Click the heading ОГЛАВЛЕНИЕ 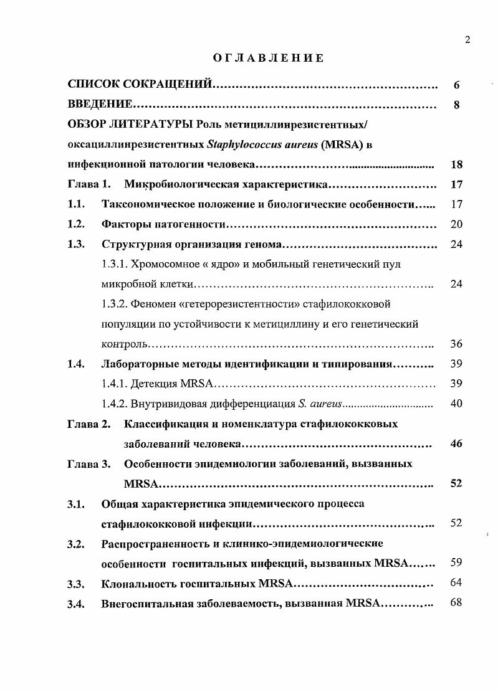coord(268,59)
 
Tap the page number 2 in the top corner coord(467,40)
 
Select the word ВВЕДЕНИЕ coord(100,105)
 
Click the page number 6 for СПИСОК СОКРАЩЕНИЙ coord(457,85)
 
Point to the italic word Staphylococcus coord(242,145)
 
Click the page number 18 coord(456,165)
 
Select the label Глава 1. coord(89,184)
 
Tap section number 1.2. coord(76,224)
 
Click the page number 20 coord(456,224)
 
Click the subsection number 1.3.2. coord(115,304)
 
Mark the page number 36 coord(456,344)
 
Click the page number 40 coord(456,404)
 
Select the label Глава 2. coord(89,424)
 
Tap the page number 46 coord(456,444)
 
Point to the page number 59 coord(456,562)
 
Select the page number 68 coord(456,602)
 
